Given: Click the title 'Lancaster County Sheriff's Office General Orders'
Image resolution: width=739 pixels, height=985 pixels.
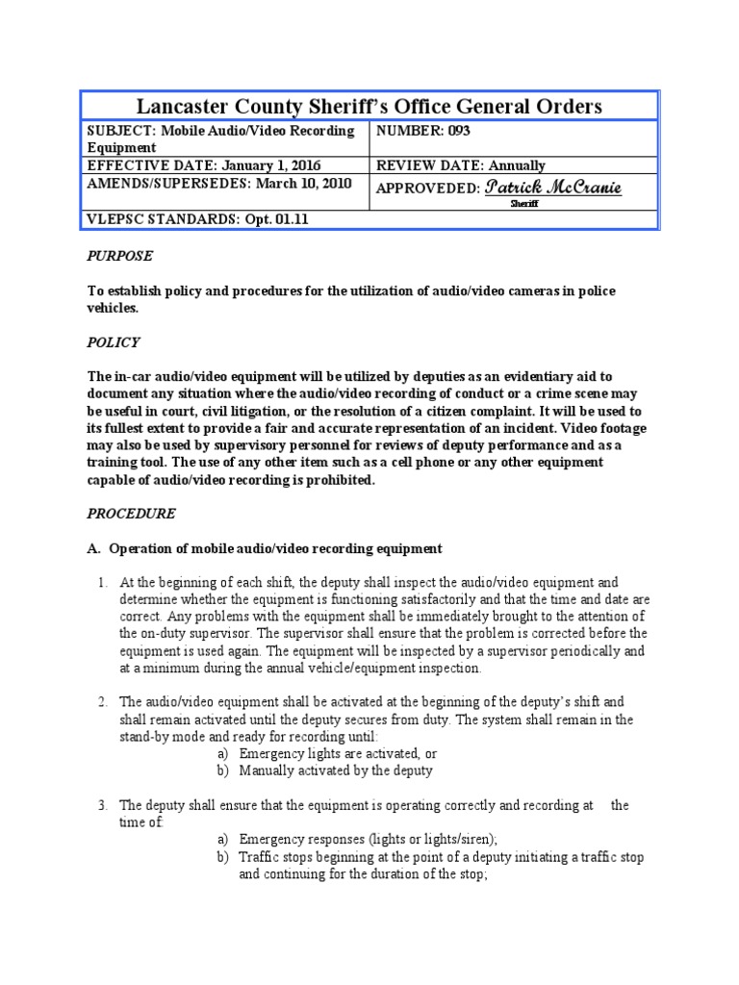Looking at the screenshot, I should [369, 106].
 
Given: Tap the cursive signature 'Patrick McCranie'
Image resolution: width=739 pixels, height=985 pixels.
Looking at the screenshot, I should [553, 187].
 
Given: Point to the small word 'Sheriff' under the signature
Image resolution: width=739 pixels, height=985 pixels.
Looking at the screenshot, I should [523, 204].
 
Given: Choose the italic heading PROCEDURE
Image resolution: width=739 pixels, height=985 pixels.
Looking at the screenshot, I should [131, 513].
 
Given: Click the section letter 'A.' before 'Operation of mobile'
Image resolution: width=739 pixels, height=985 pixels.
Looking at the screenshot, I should [93, 548].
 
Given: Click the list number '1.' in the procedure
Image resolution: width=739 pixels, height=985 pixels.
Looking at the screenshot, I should [103, 582].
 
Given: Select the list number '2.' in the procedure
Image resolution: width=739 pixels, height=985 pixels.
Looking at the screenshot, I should [103, 702].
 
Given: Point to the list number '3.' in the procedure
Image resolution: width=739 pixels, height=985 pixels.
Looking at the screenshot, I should [103, 805].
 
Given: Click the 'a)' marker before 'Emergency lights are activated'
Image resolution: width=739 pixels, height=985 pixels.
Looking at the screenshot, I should [222, 754].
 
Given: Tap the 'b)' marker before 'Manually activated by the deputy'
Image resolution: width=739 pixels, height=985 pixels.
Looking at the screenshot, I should [222, 770].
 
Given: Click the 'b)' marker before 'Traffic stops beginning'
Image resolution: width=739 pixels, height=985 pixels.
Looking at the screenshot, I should [222, 857].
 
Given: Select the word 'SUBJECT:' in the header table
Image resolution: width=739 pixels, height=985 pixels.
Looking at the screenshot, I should [116, 131].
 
